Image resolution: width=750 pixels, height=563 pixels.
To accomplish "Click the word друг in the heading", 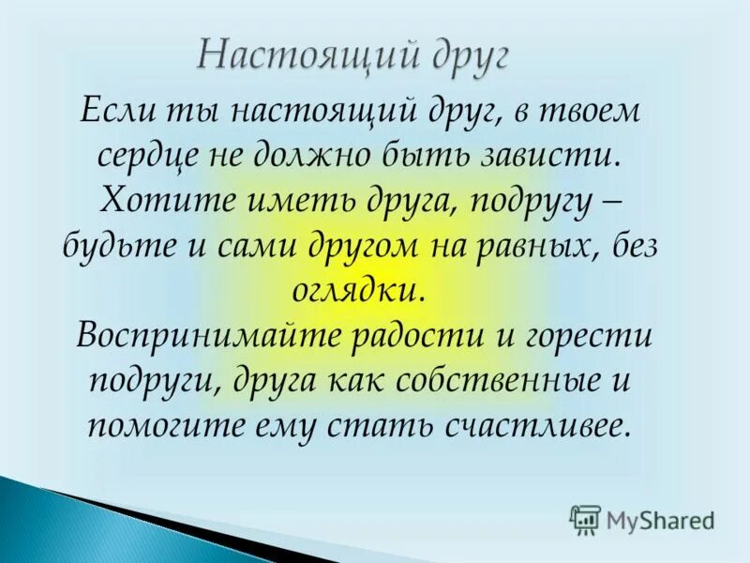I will point(459,54).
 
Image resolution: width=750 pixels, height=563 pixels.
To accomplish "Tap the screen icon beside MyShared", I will point(585,519).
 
